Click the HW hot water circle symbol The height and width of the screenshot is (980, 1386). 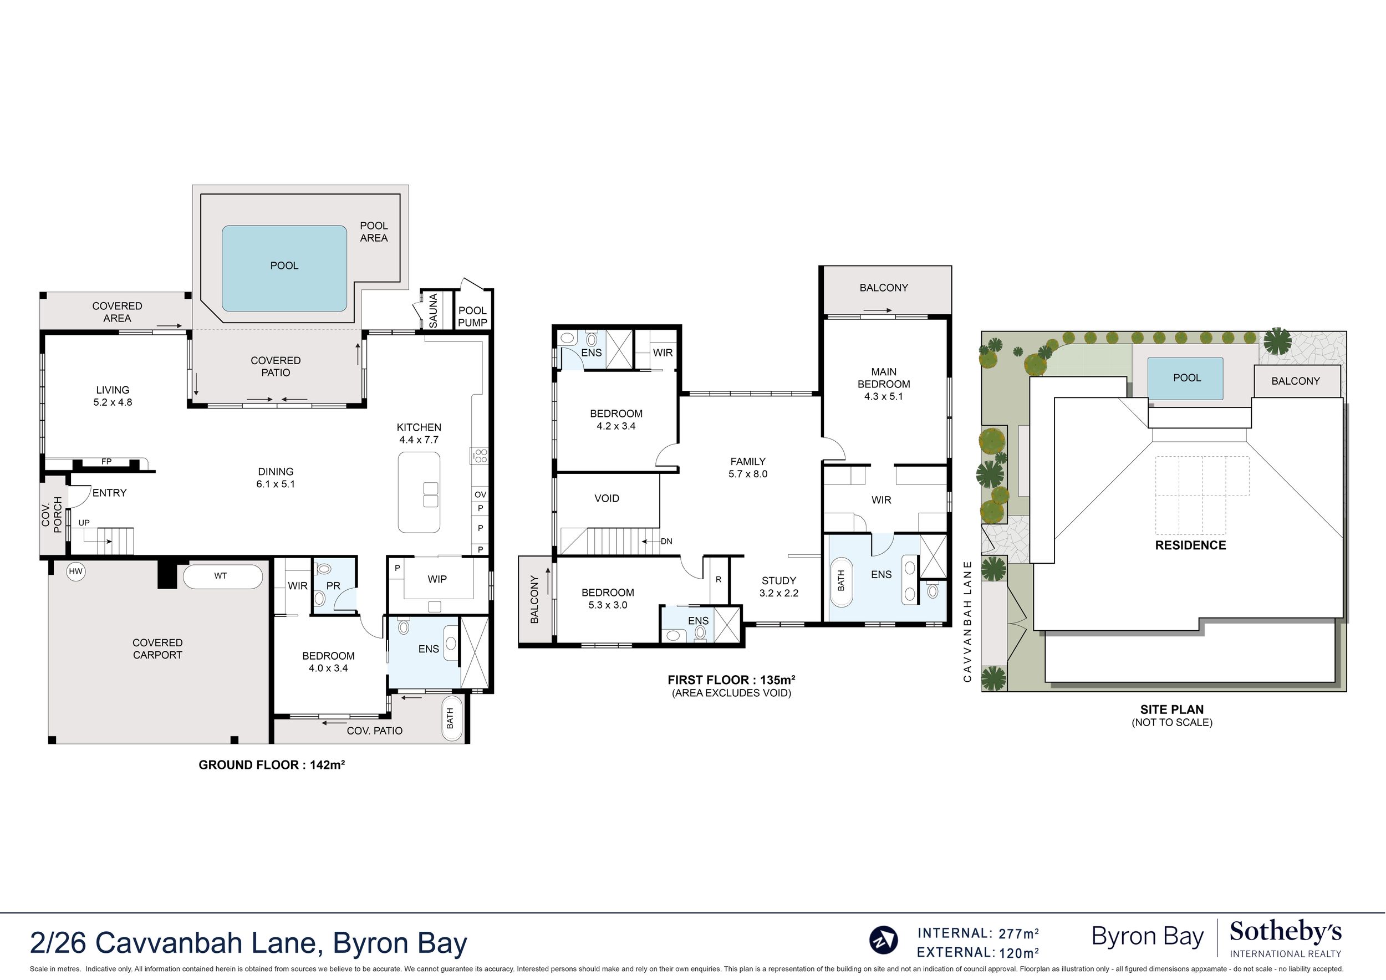click(75, 571)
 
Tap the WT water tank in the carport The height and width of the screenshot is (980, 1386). click(223, 576)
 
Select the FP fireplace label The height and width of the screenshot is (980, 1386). click(106, 462)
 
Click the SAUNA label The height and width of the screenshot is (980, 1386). click(433, 310)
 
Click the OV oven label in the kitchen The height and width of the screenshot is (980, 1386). click(480, 494)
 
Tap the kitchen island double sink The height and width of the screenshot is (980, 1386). click(431, 494)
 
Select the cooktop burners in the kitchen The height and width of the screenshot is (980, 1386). click(480, 456)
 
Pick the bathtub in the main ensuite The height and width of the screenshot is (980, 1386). click(841, 581)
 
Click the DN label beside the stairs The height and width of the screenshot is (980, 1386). click(666, 542)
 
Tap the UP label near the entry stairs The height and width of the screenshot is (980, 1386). click(84, 523)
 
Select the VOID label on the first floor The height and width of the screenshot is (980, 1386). click(607, 498)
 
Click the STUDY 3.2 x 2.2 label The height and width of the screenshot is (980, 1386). click(779, 586)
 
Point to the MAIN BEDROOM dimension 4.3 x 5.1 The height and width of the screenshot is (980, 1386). click(884, 396)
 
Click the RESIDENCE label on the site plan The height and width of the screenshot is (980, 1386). click(1190, 545)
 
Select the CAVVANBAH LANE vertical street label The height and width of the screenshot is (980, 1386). click(967, 621)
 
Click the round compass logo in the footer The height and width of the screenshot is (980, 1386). click(883, 940)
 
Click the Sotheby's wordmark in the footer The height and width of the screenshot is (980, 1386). click(1286, 933)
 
